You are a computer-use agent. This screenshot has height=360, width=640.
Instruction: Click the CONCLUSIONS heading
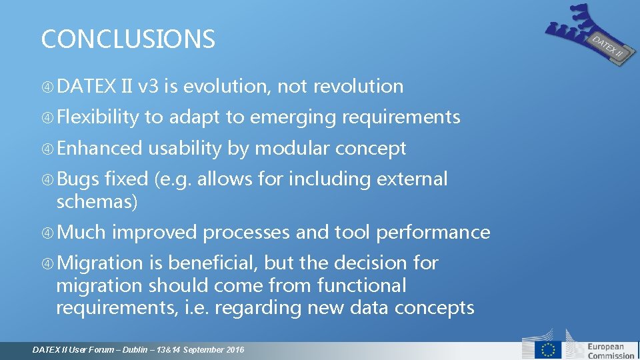pos(128,39)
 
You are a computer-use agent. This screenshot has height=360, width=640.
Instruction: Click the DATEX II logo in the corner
pos(587,33)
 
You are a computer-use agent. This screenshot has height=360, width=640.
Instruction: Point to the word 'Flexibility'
pos(98,117)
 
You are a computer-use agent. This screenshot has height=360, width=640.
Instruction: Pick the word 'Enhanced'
pos(99,148)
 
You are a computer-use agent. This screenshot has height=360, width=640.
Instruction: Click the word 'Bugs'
pos(78,179)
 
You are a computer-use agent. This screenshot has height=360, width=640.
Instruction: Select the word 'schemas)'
pos(97,201)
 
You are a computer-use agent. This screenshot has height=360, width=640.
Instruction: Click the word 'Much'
pos(81,232)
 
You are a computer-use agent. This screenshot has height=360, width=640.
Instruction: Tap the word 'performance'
pos(433,232)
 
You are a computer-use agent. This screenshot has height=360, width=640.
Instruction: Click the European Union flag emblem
pos(551,349)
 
